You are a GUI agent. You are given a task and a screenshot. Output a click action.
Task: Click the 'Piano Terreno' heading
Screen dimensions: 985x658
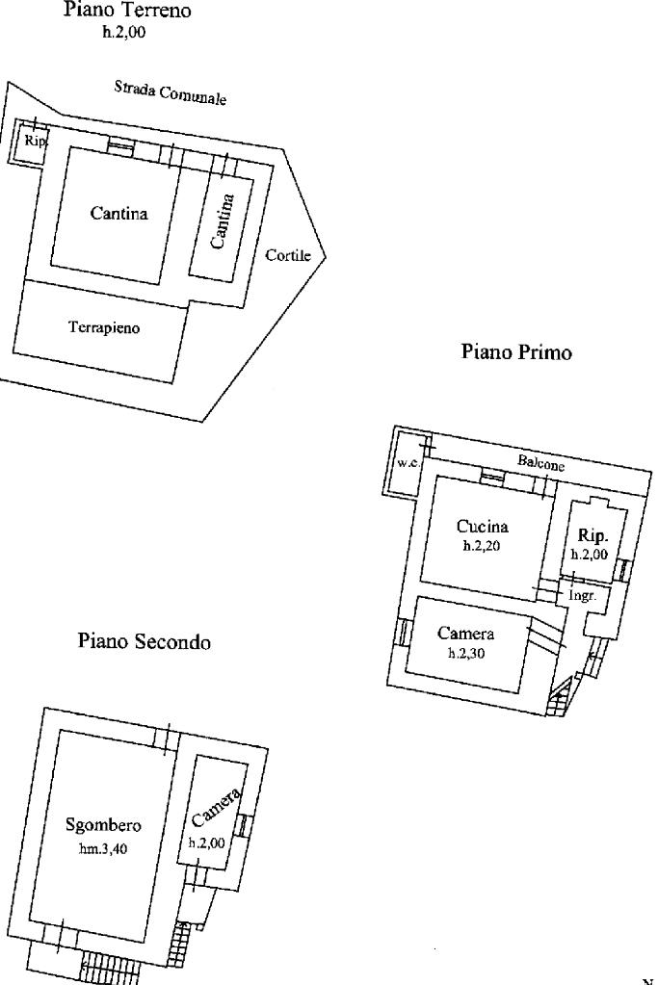(126, 11)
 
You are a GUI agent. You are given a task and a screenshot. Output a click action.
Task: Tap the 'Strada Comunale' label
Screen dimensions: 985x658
(170, 92)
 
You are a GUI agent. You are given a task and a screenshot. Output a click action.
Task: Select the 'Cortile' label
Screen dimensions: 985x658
(288, 255)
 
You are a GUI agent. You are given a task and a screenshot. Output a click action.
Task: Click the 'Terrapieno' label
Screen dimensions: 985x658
(104, 327)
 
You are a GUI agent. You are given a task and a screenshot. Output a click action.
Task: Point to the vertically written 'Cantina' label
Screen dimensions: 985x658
(222, 221)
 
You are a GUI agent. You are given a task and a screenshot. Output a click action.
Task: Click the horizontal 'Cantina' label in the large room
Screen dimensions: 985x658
(118, 213)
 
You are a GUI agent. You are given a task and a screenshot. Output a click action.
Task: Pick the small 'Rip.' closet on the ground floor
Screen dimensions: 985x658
(35, 141)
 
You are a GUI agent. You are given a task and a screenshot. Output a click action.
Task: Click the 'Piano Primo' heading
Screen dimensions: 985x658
(516, 351)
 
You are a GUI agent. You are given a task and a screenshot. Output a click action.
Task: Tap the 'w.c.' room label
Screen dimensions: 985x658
(408, 463)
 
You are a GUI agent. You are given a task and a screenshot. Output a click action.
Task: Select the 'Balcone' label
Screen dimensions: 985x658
(540, 462)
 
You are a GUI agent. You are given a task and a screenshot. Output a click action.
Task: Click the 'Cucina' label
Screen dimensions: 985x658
(482, 526)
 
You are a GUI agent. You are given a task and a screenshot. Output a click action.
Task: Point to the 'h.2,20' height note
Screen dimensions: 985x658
(482, 545)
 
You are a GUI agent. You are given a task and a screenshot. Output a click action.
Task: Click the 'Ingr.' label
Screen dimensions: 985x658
(582, 596)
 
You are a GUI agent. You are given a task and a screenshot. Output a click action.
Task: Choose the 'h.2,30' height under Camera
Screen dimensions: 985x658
(467, 652)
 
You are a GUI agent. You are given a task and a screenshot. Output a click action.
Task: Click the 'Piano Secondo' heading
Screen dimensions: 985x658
(144, 641)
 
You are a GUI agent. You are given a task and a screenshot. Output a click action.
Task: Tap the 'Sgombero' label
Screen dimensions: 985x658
(103, 824)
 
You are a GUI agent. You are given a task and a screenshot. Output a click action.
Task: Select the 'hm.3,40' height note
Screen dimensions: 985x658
(103, 849)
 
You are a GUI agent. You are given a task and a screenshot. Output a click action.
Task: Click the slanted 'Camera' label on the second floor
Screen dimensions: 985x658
(216, 807)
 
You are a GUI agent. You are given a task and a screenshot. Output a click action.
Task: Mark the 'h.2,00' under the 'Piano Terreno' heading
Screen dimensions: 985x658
(123, 32)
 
